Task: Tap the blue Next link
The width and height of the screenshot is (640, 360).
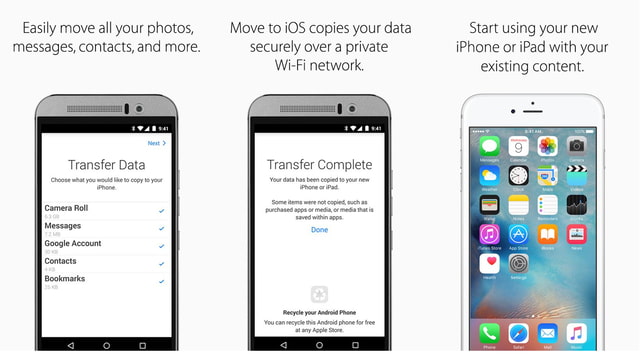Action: coord(154,143)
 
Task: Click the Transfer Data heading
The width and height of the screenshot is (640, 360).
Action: coord(106,165)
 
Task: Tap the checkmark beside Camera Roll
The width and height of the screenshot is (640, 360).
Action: coord(161,211)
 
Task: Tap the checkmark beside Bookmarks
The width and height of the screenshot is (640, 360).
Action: coord(161,281)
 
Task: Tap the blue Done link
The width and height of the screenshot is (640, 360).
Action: coord(319,230)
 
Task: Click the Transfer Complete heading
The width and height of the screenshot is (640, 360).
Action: coord(319,165)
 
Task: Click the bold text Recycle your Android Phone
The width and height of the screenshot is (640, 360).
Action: coord(319,313)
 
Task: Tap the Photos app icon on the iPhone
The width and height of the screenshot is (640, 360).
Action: coord(548,146)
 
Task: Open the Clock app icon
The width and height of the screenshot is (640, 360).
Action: coord(519,175)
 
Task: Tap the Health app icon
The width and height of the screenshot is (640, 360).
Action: coord(490,263)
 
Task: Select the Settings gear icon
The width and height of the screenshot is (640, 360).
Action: coord(519,263)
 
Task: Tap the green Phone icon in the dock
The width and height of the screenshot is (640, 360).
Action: coord(490,332)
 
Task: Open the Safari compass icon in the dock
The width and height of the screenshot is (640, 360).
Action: coord(519,332)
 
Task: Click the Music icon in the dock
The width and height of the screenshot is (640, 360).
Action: coord(577,332)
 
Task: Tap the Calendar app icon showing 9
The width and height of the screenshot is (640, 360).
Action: coord(519,146)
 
